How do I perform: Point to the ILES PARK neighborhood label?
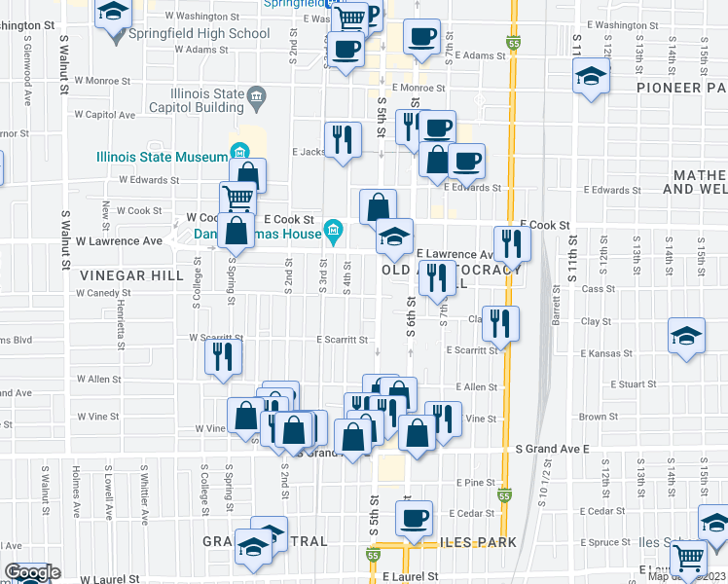[473, 541]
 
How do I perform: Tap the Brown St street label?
[593, 417]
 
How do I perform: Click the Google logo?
[31, 573]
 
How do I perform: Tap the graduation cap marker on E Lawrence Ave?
[394, 237]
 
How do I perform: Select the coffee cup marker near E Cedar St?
[415, 517]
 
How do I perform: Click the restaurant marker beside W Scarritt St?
[223, 355]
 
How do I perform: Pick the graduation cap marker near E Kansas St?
[686, 337]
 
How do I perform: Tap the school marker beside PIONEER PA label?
[591, 78]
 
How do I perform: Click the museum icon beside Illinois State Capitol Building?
[256, 95]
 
